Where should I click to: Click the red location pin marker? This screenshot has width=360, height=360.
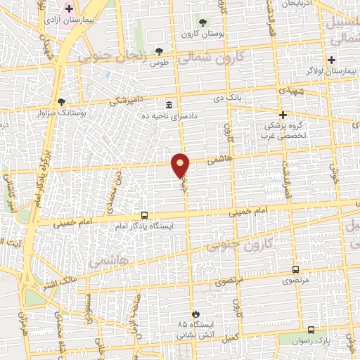[181, 166]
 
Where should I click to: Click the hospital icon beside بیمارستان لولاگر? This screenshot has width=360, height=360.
[331, 60]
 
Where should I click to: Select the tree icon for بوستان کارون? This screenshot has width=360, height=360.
[204, 22]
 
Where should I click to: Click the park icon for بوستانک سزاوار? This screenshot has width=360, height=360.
[61, 102]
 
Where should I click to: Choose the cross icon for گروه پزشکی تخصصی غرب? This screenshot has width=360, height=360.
[283, 114]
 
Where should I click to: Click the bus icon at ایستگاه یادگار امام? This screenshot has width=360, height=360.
[144, 215]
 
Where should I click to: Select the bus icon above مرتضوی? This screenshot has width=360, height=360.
[295, 269]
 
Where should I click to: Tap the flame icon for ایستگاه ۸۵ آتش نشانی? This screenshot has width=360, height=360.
[195, 314]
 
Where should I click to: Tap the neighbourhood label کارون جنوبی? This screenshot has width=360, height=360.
[254, 245]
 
